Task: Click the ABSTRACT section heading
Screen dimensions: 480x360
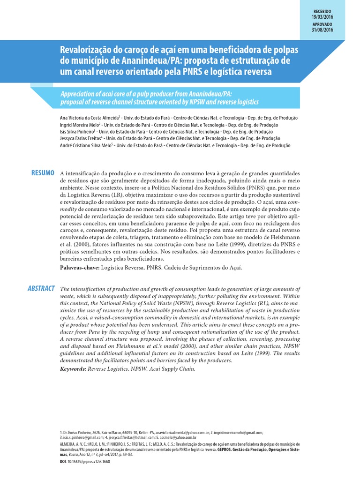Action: (41, 288)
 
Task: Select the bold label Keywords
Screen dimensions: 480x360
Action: (73, 369)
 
